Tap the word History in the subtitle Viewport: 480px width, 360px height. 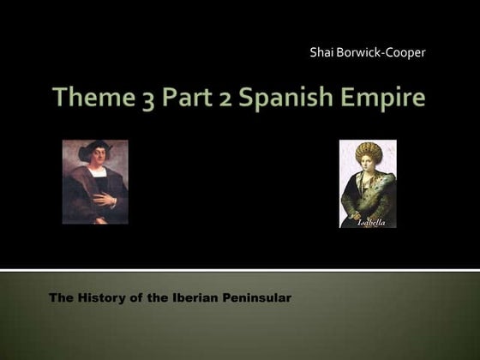100,297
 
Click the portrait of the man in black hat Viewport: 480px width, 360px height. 95,182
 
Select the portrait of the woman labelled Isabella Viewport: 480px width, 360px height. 368,183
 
